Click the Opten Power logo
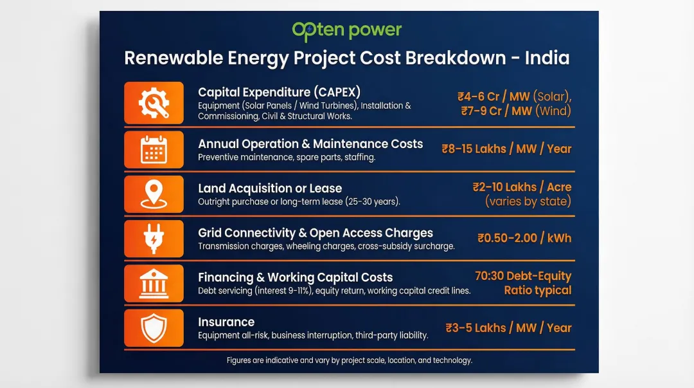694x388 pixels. (x=346, y=30)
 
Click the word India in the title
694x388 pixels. (x=547, y=58)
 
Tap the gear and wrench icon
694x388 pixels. (x=154, y=103)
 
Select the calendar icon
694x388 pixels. (x=154, y=149)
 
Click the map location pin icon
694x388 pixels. (x=154, y=194)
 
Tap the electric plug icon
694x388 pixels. (x=154, y=239)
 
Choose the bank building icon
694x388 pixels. (x=154, y=283)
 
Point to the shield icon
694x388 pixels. (x=154, y=328)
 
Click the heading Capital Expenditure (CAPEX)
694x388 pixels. (x=279, y=92)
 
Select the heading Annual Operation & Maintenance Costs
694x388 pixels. (x=310, y=144)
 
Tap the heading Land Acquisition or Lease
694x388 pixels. (x=270, y=189)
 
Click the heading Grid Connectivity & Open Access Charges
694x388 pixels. (x=315, y=233)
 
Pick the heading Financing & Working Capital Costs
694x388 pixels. (x=295, y=277)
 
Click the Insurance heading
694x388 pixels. (x=226, y=322)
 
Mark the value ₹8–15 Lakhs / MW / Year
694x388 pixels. (x=506, y=149)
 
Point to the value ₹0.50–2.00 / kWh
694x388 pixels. (x=524, y=238)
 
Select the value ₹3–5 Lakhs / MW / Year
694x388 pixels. (x=508, y=328)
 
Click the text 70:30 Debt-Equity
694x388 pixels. (x=523, y=276)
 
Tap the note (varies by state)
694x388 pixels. (x=528, y=201)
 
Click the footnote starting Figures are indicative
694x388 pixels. (x=349, y=360)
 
